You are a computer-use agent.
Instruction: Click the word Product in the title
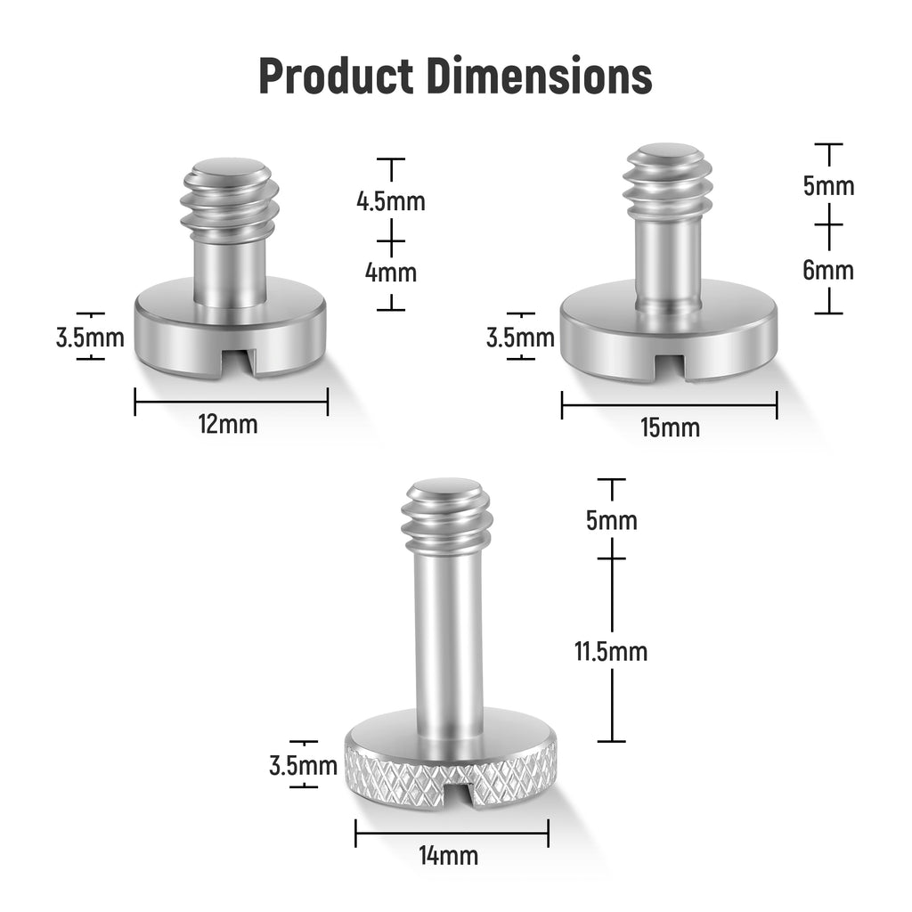(336, 76)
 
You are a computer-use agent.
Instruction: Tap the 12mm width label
(228, 424)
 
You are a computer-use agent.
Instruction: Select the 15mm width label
(670, 427)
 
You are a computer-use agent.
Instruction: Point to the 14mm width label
(449, 856)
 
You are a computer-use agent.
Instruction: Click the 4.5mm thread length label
(391, 201)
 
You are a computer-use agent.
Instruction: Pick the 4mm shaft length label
(391, 273)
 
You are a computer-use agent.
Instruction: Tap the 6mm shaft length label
(828, 270)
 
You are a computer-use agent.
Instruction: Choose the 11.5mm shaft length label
(611, 651)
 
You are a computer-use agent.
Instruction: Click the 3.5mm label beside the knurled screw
(303, 765)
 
